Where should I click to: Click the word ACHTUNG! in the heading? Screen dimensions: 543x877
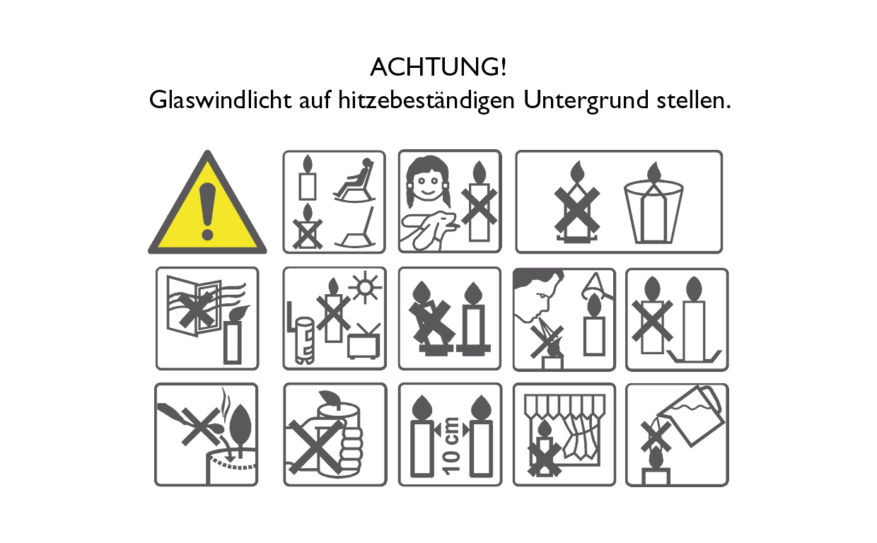[x=438, y=69]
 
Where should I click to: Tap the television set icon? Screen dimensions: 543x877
[x=364, y=343]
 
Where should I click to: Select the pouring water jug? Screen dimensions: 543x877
[x=697, y=417]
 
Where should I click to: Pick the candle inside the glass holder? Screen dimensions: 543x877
[x=654, y=205]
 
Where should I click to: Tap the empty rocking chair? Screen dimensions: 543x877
[x=357, y=230]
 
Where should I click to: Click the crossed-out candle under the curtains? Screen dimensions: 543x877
[x=544, y=450]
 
